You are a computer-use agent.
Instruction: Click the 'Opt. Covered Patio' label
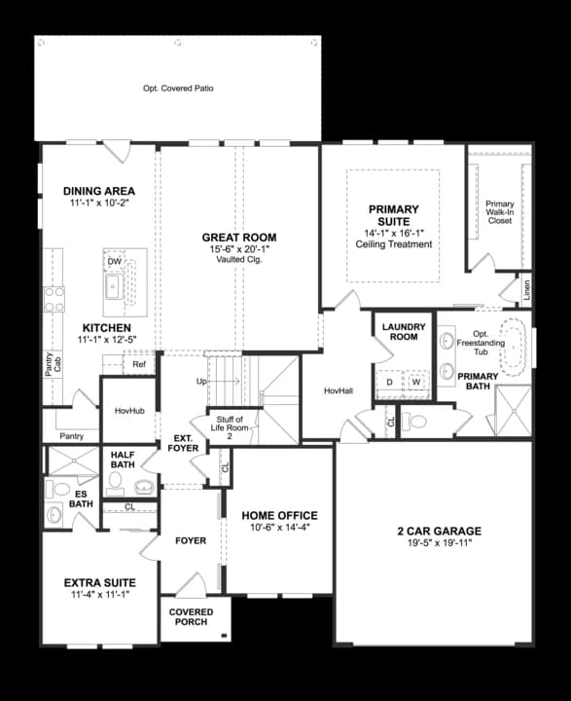pos(178,89)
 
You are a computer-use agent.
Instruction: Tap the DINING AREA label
pos(99,191)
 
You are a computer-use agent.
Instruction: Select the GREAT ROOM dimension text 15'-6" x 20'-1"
pos(239,249)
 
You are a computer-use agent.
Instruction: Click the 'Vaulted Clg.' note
pos(239,260)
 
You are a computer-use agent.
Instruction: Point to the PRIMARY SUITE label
pos(393,215)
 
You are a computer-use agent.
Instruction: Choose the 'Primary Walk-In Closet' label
pos(499,212)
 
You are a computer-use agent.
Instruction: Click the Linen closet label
pos(525,289)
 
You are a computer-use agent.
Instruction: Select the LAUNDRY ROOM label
pos(400,332)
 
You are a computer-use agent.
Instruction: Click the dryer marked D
pos(390,383)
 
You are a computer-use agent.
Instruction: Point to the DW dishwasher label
pos(115,262)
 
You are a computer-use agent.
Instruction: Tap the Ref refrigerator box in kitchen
pos(139,365)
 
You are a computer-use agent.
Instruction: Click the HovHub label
pos(129,411)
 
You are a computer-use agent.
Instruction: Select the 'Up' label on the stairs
pos(202,381)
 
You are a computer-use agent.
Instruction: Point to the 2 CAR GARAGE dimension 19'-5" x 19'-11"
pos(433,543)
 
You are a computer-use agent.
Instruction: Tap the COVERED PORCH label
pos(192,617)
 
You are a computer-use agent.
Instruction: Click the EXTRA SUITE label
pos(98,581)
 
